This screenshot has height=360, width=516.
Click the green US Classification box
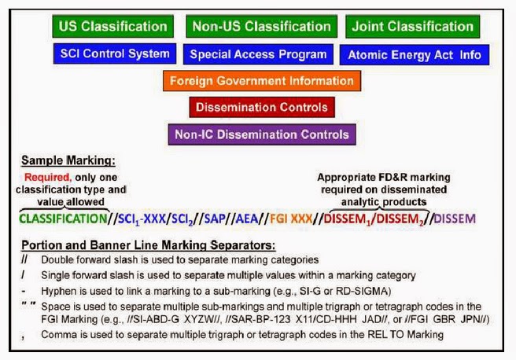113,26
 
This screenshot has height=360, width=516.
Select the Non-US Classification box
262,26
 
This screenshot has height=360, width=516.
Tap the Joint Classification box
413,26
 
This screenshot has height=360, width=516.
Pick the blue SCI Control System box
115,53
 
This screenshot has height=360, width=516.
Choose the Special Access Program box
258,54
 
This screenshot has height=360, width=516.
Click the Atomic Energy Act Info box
415,55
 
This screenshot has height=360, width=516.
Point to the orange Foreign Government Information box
262,81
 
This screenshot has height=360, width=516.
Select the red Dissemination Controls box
262,107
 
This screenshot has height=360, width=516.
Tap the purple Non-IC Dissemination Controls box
262,134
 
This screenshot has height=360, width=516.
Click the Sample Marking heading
68,160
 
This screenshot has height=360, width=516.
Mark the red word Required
48,178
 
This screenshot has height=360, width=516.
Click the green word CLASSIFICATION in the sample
63,219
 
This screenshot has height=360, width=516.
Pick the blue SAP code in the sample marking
215,219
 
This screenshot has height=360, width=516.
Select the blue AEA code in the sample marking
247,219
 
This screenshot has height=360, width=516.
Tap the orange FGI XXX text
291,219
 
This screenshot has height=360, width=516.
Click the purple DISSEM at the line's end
455,219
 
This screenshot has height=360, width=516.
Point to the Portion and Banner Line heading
149,245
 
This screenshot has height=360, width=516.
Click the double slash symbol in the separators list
24,259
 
